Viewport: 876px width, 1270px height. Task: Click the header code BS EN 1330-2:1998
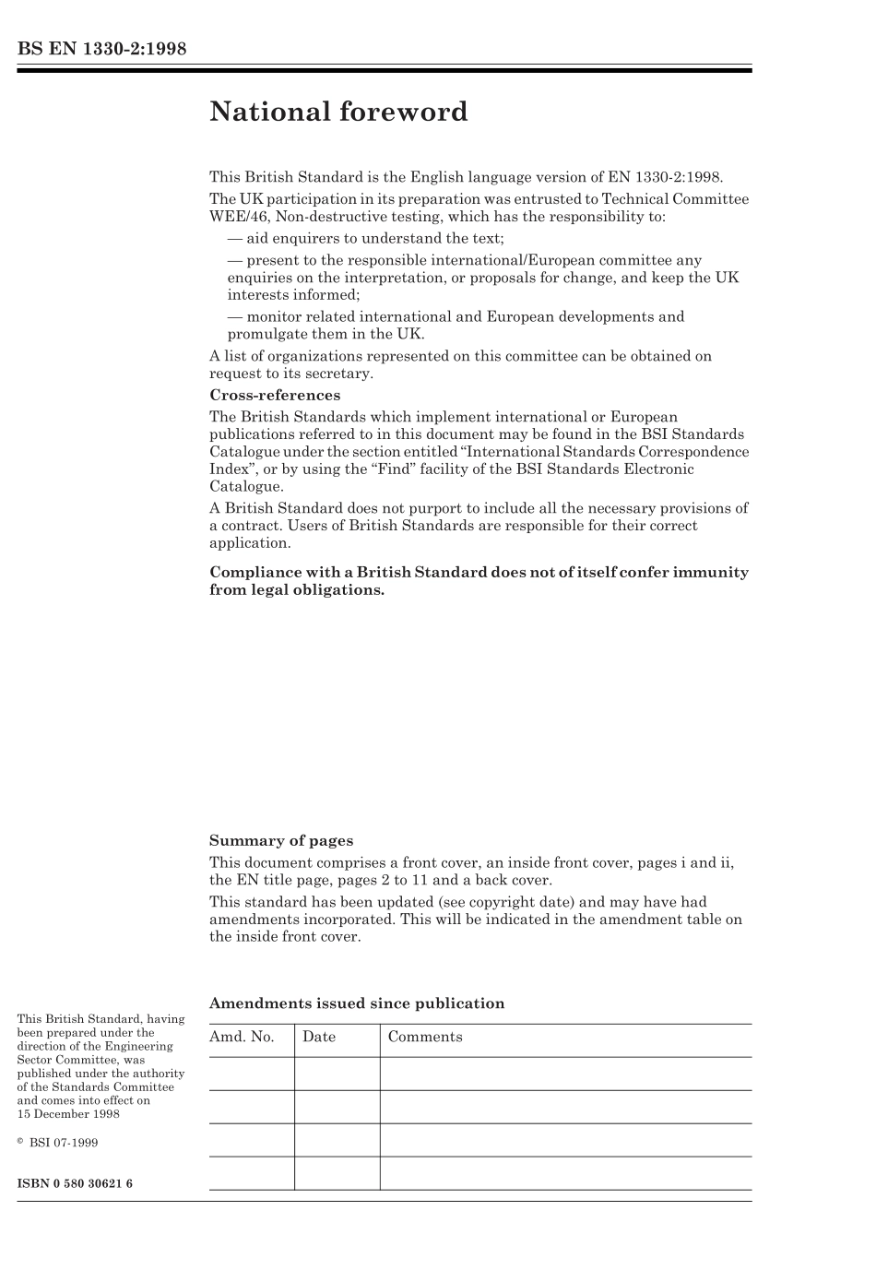point(101,49)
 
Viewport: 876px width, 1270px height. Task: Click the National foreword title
point(338,112)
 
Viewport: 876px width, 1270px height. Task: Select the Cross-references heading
point(275,395)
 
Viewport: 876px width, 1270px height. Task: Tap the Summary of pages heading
point(281,840)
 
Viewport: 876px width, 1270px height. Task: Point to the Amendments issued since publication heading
point(357,1003)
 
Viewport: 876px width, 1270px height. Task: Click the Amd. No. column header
point(242,1037)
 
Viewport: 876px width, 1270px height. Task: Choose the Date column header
point(319,1037)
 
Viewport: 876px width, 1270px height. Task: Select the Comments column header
point(425,1037)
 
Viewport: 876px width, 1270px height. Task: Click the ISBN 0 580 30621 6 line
point(75,1183)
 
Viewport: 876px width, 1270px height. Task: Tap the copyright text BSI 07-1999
point(64,1143)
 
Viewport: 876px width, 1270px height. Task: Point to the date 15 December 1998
point(68,1113)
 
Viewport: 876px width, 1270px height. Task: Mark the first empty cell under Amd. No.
point(252,1074)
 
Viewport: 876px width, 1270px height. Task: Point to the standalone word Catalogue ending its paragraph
point(246,486)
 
